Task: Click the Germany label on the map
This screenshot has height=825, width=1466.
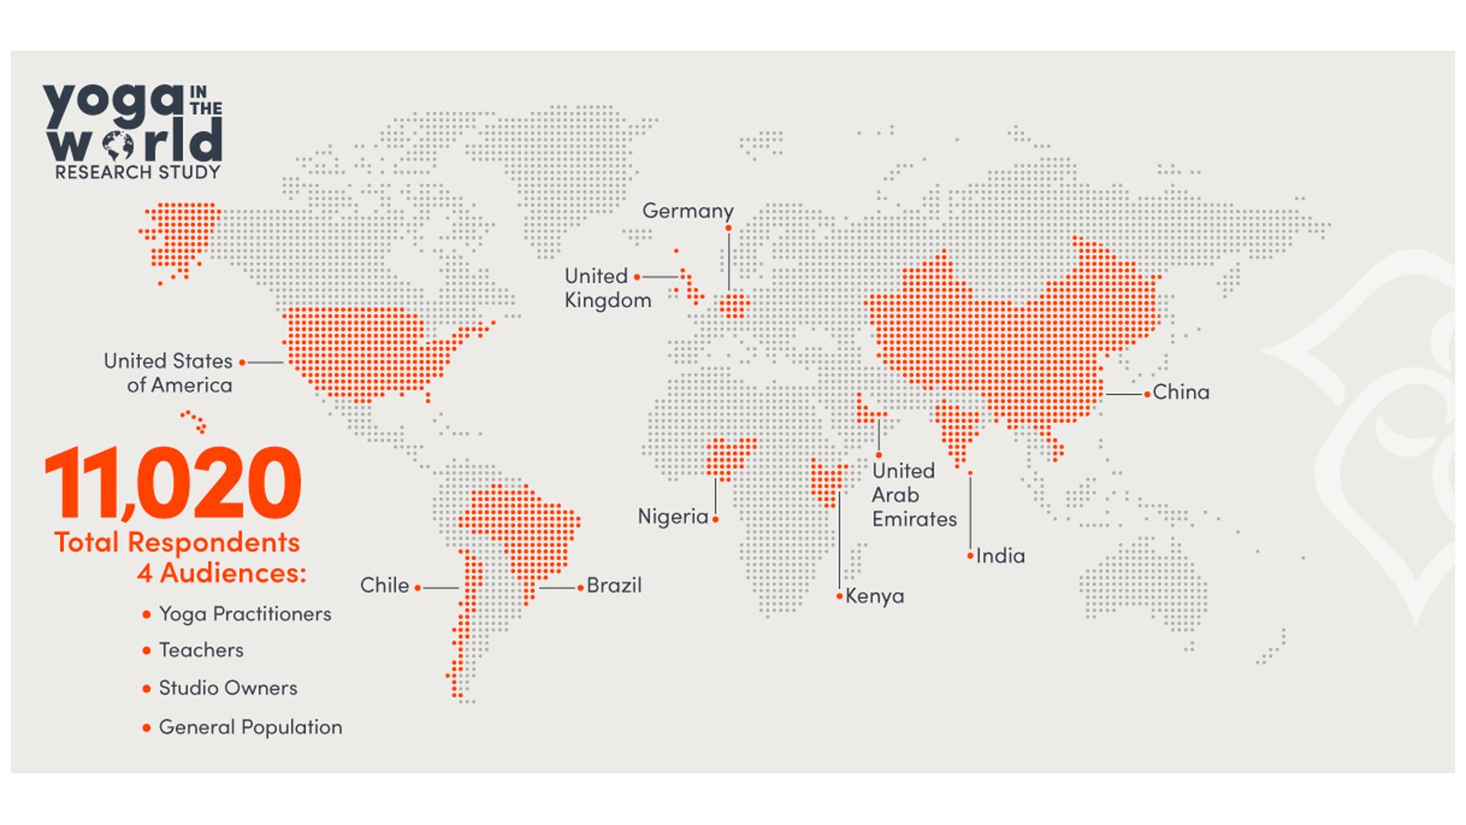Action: pos(688,211)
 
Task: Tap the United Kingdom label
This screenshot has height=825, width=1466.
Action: pos(607,288)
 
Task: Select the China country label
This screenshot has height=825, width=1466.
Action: pos(1181,392)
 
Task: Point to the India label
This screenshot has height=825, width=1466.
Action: pos(1001,556)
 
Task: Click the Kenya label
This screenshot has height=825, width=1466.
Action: pos(875,596)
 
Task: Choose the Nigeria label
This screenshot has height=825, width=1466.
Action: pos(673,517)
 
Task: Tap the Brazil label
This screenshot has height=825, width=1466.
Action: pos(614,585)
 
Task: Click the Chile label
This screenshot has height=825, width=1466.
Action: pos(384,585)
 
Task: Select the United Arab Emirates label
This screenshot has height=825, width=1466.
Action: pos(914,495)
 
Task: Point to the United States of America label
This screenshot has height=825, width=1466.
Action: pos(169,373)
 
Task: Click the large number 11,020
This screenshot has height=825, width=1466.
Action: pos(173,483)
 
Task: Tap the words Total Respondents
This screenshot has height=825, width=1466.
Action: pos(177,543)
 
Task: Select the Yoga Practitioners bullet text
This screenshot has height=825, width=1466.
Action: pos(245,614)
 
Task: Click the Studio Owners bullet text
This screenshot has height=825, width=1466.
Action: pos(228,688)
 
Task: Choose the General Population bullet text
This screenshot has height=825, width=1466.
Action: pos(250,727)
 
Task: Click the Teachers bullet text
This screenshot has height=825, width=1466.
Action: pos(201,650)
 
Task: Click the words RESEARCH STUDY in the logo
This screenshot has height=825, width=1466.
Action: pos(137,172)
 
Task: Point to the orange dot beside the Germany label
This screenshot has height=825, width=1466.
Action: pos(729,229)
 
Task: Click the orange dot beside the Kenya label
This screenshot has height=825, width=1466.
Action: pos(840,596)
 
